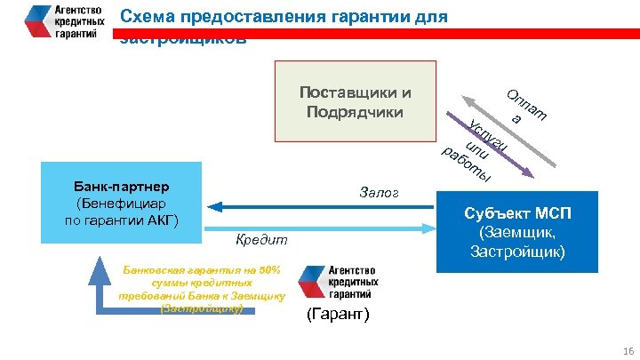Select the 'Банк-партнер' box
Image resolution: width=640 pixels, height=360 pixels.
(123, 205)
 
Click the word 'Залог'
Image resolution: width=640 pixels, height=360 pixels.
(380, 193)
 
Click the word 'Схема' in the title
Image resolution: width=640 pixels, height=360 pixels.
(142, 17)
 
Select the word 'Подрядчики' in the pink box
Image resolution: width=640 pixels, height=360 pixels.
(355, 112)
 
